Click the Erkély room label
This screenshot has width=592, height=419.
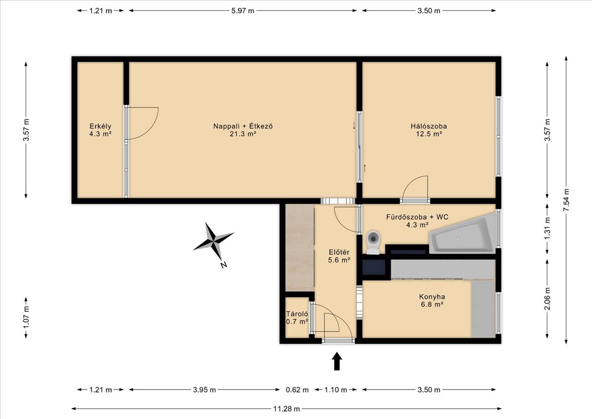click(x=100, y=130)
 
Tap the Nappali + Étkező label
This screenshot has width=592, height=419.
click(x=243, y=130)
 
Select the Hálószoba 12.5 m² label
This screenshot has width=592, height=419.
click(x=429, y=130)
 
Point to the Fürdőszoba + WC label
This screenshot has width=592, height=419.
click(x=417, y=221)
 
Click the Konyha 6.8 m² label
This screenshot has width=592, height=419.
click(x=432, y=300)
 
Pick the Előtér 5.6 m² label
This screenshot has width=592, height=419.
click(x=339, y=256)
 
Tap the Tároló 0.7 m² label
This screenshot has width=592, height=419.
click(x=297, y=317)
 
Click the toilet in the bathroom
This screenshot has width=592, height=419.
click(x=373, y=242)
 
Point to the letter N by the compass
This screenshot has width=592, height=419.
click(x=223, y=265)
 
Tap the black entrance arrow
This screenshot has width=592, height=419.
click(x=336, y=361)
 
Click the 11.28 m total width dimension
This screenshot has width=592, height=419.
click(x=287, y=409)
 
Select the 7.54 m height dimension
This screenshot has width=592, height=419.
click(x=566, y=200)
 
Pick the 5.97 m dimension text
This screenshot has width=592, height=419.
click(x=243, y=11)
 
